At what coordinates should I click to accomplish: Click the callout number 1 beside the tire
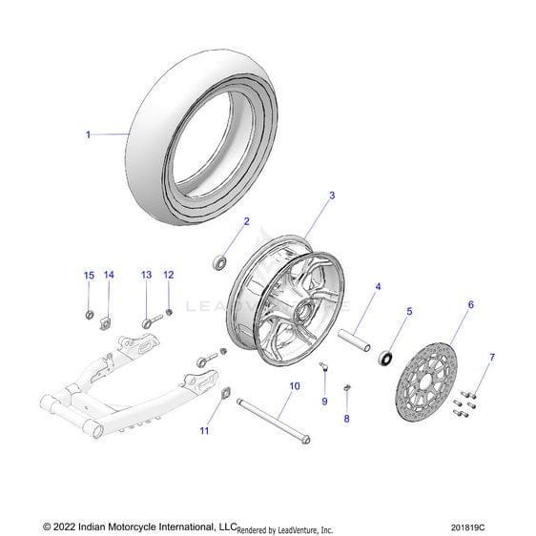[88, 134]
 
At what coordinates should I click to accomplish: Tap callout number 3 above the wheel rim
[332, 196]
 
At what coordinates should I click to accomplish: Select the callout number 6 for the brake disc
[471, 304]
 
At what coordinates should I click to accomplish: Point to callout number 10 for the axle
[295, 386]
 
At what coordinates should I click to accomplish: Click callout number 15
[89, 276]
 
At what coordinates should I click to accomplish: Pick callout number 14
[109, 275]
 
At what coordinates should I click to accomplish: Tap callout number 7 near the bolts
[492, 358]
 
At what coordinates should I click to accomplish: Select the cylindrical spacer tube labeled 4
[354, 340]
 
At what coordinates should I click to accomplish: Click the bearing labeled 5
[385, 358]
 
